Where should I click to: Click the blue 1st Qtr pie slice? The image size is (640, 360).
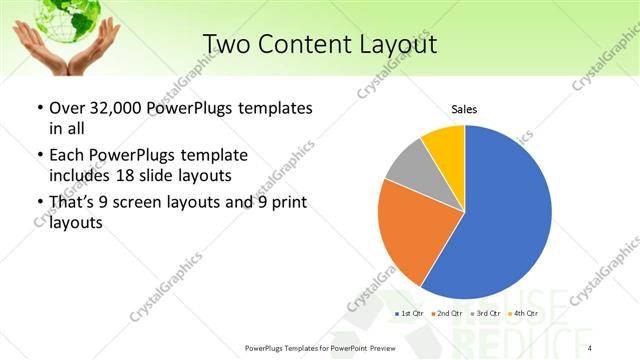pyautogui.click(x=505, y=215)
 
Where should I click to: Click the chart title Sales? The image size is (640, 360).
pyautogui.click(x=464, y=108)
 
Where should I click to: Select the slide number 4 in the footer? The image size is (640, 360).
pyautogui.click(x=590, y=347)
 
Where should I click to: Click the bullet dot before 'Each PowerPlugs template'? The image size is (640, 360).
pyautogui.click(x=39, y=156)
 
